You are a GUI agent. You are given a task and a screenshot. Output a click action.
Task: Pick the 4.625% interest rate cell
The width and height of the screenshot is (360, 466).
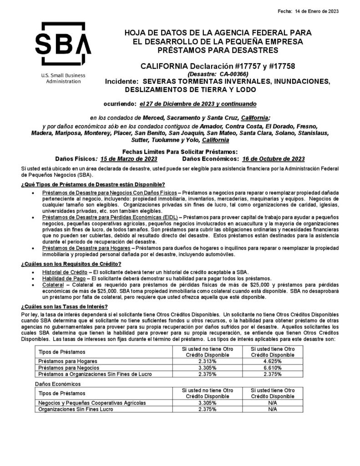[x=273, y=360]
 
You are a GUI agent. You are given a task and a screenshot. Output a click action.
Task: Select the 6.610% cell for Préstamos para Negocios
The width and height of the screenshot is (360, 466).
[x=273, y=367]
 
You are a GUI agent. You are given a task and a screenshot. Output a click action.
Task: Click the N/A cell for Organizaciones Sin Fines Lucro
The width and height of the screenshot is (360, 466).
[x=273, y=409]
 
